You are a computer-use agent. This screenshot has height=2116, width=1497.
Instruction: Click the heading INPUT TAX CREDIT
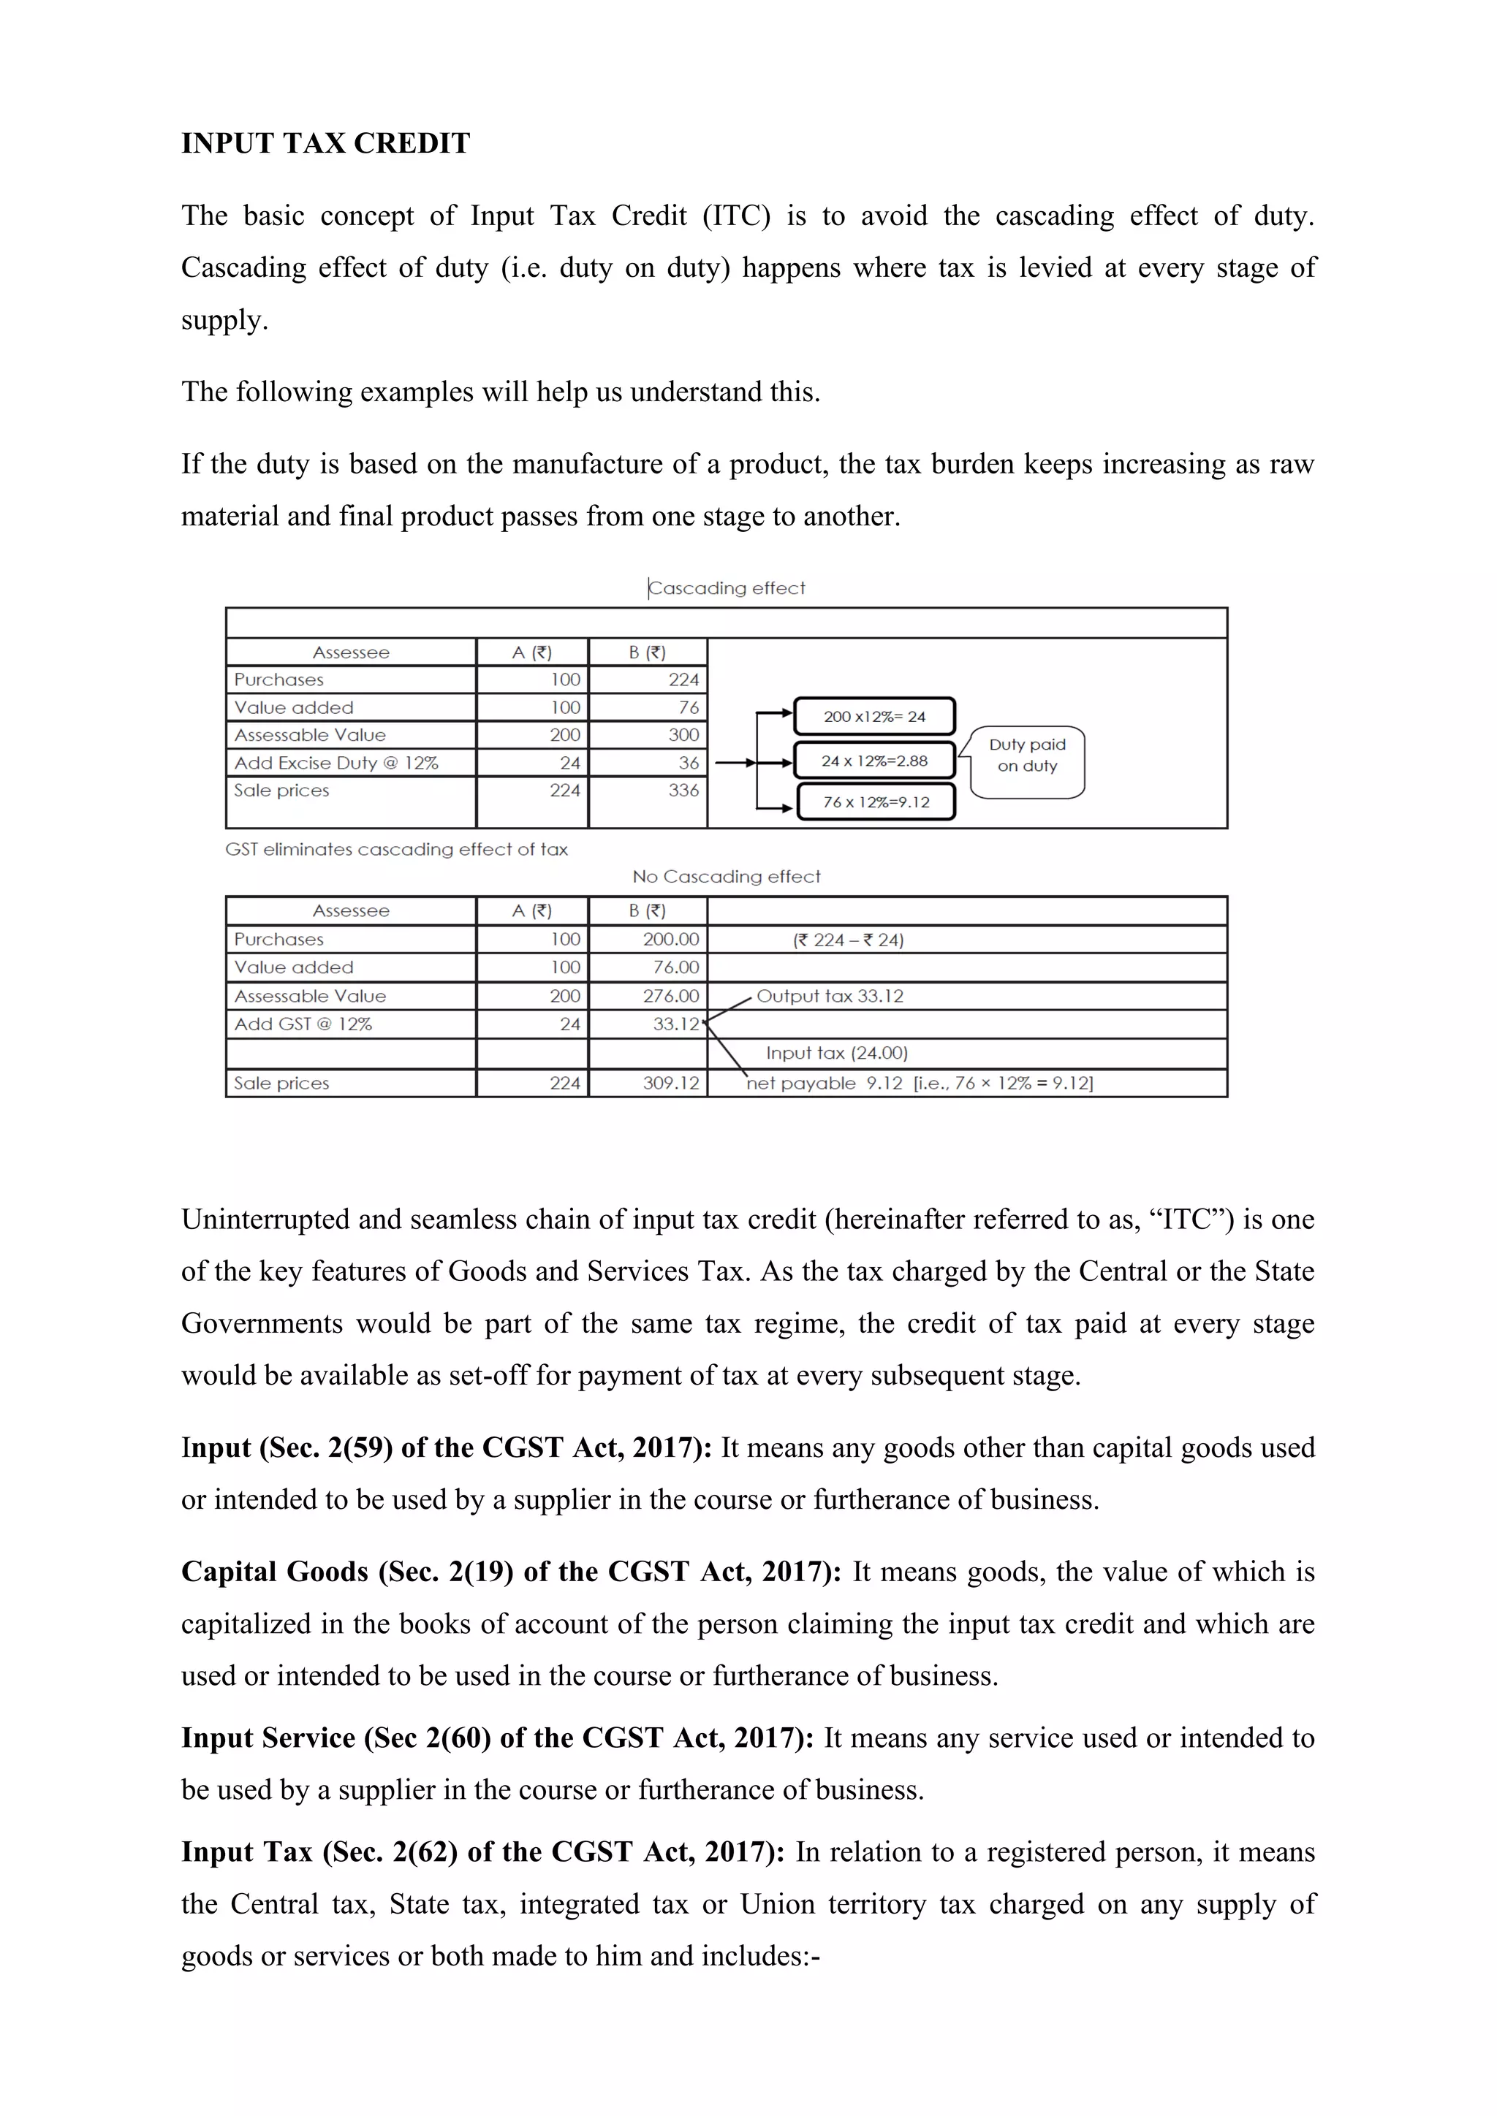pyautogui.click(x=325, y=144)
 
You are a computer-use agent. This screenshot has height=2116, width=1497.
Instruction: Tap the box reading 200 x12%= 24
pyautogui.click(x=874, y=716)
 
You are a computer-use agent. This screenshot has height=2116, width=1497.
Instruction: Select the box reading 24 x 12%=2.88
pyautogui.click(x=874, y=761)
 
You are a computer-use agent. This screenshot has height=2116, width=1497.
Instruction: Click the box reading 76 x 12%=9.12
pyautogui.click(x=876, y=802)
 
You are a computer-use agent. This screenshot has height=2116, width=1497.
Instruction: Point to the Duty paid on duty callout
pyautogui.click(x=1027, y=756)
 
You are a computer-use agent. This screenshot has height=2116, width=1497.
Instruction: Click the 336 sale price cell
pyautogui.click(x=683, y=790)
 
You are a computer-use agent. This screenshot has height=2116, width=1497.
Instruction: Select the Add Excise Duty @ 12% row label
pyautogui.click(x=336, y=762)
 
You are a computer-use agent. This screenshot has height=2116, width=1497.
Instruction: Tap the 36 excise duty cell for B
pyautogui.click(x=688, y=762)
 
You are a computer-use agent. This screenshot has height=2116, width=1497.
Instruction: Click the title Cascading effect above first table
pyautogui.click(x=727, y=588)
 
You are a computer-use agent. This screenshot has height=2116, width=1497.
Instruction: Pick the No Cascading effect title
pyautogui.click(x=727, y=877)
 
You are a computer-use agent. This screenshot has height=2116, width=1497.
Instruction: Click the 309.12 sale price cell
pyautogui.click(x=671, y=1083)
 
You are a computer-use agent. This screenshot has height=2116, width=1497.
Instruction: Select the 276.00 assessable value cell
pyautogui.click(x=671, y=995)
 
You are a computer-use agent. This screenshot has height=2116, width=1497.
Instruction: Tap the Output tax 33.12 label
pyautogui.click(x=830, y=995)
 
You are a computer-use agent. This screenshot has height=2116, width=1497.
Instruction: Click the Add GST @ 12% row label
pyautogui.click(x=303, y=1024)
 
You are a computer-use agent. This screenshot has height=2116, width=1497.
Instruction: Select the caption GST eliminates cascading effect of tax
pyautogui.click(x=396, y=849)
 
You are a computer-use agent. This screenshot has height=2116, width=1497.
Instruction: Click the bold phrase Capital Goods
pyautogui.click(x=275, y=1572)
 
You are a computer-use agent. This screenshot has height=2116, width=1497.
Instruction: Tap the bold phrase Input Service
pyautogui.click(x=268, y=1738)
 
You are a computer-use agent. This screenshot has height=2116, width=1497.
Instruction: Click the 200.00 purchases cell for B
pyautogui.click(x=671, y=939)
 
